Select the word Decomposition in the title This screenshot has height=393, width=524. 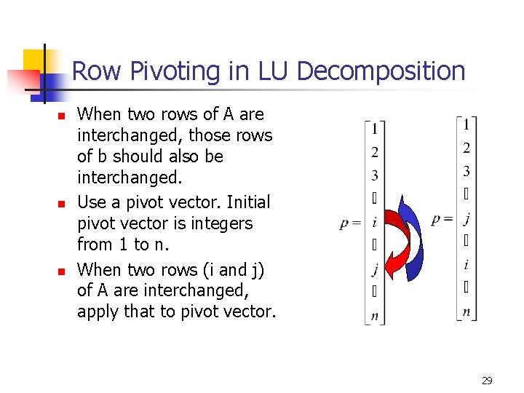tap(381, 71)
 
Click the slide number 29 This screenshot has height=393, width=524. tap(487, 380)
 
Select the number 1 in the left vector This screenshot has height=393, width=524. tap(374, 130)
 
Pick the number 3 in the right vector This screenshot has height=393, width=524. tap(467, 172)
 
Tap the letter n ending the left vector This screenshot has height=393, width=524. tap(374, 316)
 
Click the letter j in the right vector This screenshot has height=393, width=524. tap(467, 218)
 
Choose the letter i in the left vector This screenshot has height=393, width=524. tap(374, 223)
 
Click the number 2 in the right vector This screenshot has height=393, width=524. tap(467, 148)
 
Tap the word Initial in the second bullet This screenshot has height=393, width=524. tap(247, 202)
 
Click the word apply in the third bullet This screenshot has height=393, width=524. tap(95, 312)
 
